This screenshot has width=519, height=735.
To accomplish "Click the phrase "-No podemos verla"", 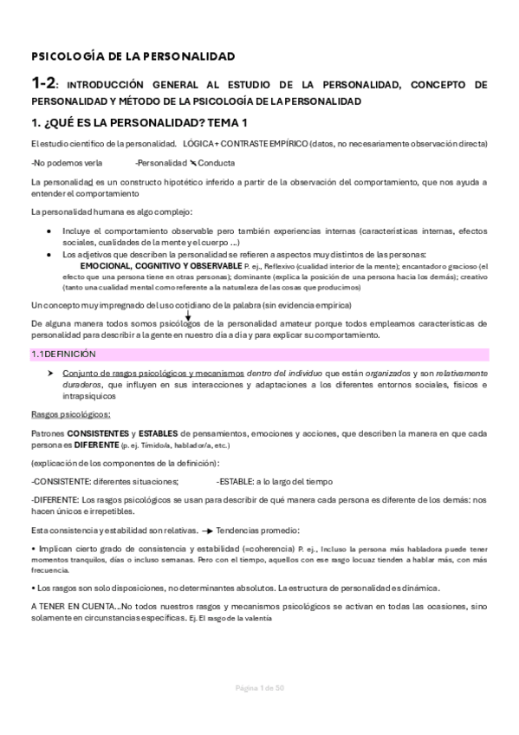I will click(60, 162).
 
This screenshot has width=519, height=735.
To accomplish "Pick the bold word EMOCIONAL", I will click(107, 265).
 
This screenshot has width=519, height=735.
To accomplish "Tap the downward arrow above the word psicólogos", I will click(188, 315).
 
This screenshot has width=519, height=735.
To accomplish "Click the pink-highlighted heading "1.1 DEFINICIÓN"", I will click(63, 354).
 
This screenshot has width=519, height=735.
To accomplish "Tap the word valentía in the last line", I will click(257, 619).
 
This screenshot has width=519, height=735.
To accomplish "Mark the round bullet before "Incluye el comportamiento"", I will click(52, 231).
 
